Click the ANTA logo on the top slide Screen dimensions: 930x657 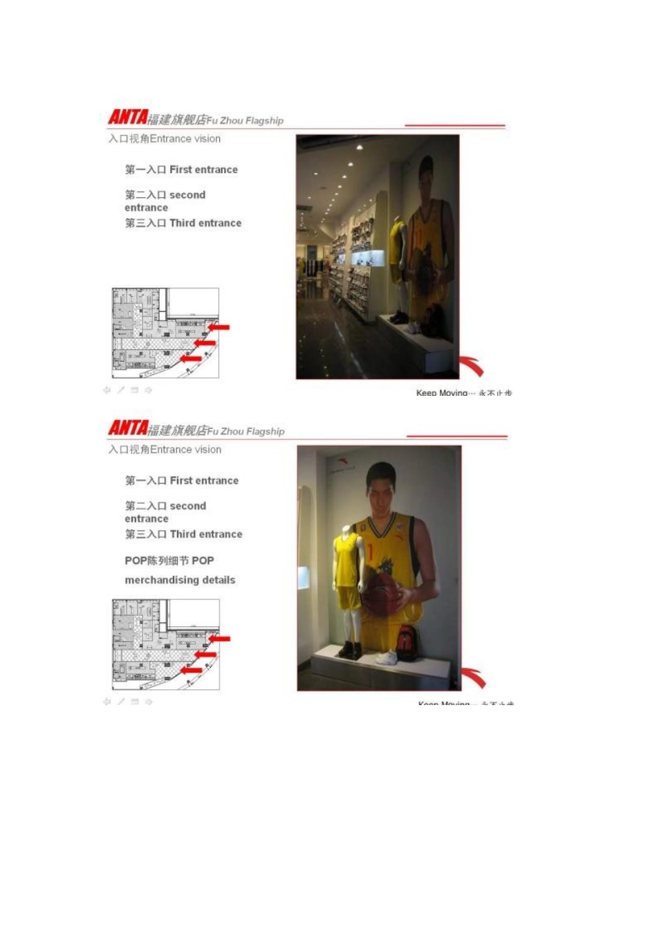pyautogui.click(x=128, y=118)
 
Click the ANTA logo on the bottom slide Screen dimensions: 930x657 pyautogui.click(x=128, y=428)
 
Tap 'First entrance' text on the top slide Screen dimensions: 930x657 pyautogui.click(x=203, y=170)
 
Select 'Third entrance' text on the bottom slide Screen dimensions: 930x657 pyautogui.click(x=206, y=534)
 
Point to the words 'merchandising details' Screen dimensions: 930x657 pyautogui.click(x=180, y=580)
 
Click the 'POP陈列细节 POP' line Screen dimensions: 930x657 pyautogui.click(x=169, y=560)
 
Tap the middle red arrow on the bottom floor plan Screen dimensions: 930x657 pyautogui.click(x=205, y=655)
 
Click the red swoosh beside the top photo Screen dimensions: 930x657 pyautogui.click(x=472, y=365)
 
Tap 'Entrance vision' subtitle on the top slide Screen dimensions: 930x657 pyautogui.click(x=185, y=139)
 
